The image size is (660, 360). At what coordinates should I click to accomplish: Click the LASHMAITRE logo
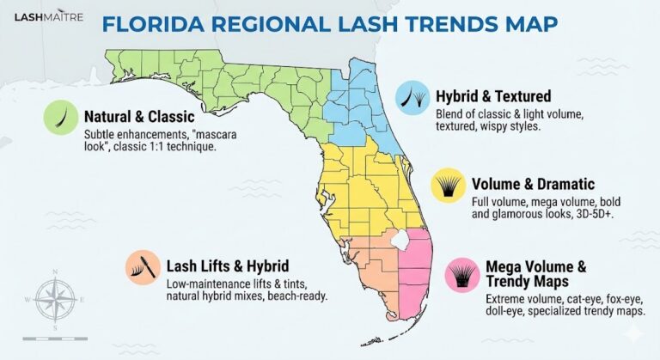(49, 15)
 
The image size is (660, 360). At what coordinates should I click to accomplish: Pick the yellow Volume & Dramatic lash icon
(449, 186)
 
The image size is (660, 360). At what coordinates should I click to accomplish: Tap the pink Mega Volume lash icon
(461, 274)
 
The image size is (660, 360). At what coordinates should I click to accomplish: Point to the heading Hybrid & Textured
(493, 96)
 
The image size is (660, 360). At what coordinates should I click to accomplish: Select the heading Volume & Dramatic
(533, 184)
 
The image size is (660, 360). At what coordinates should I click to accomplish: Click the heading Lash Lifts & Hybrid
(227, 265)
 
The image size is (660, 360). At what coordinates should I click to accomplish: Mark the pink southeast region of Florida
(416, 262)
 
